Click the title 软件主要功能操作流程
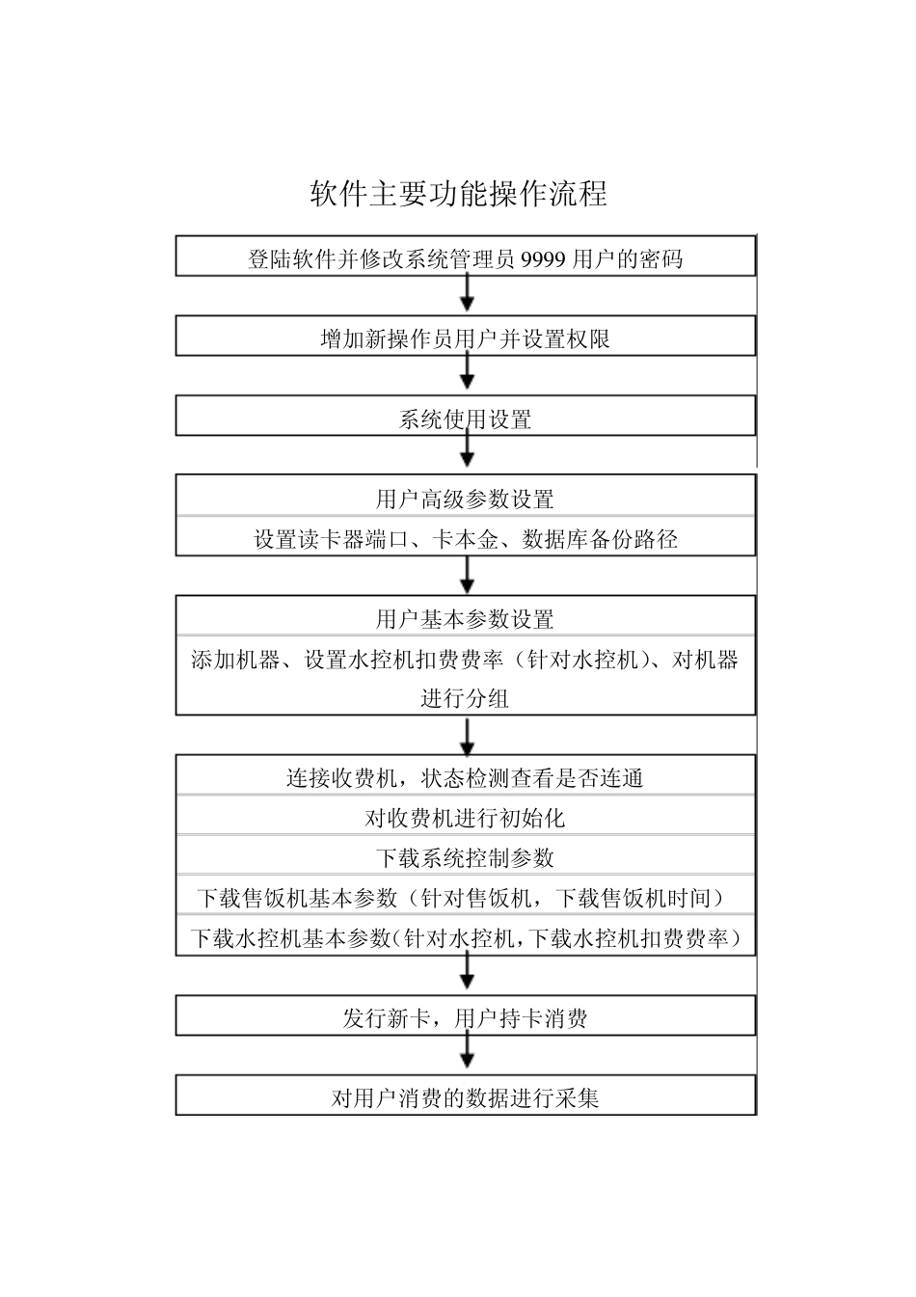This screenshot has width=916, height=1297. [x=458, y=193]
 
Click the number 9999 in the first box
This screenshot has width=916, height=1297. [x=543, y=258]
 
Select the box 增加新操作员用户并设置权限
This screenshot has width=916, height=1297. [x=465, y=338]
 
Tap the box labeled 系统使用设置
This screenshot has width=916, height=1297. [x=465, y=419]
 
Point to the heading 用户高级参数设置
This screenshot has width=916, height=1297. [x=465, y=499]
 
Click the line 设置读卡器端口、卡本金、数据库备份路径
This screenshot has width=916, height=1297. [x=465, y=539]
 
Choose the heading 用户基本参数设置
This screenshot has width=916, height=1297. [x=465, y=619]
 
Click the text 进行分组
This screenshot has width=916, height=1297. [x=465, y=698]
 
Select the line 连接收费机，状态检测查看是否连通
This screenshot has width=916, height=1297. [x=465, y=778]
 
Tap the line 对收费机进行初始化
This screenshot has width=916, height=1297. [x=465, y=819]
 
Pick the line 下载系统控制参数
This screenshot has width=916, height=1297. [x=465, y=858]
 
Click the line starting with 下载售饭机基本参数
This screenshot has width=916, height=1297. [x=461, y=898]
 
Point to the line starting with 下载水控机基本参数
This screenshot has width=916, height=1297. [x=465, y=938]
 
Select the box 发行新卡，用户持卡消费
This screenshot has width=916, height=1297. [x=465, y=1018]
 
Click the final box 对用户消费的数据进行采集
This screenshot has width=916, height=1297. [x=465, y=1097]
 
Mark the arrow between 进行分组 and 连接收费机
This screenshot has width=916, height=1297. [x=467, y=738]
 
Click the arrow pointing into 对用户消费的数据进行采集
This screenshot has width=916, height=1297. [x=467, y=1053]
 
